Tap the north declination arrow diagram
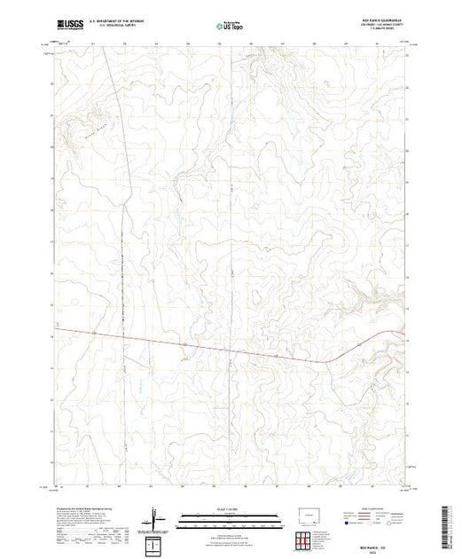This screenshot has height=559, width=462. click(x=158, y=517)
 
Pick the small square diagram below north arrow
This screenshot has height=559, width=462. click(x=157, y=542)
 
